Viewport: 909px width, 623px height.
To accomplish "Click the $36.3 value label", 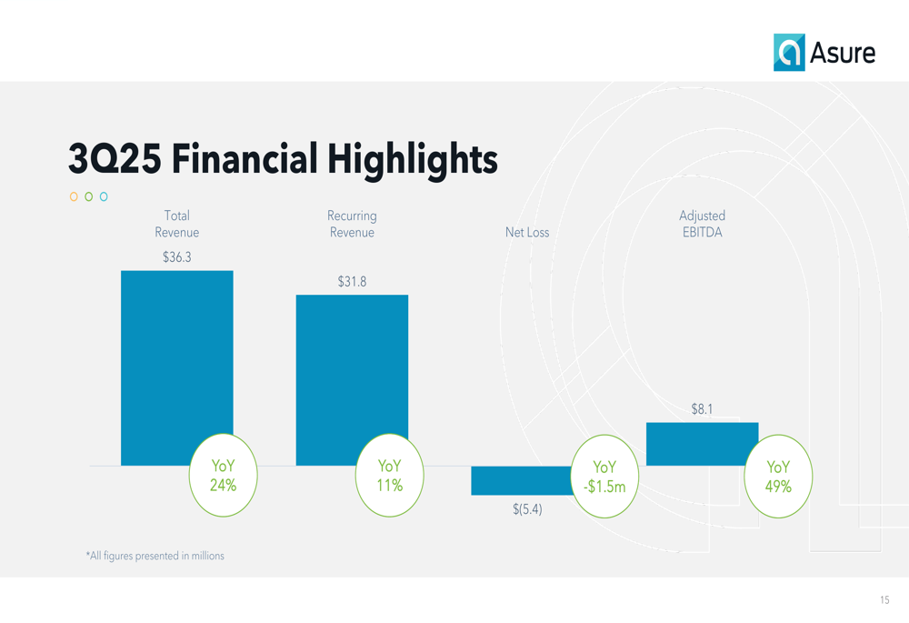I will (x=176, y=257).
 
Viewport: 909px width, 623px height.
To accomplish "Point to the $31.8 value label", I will (x=352, y=282).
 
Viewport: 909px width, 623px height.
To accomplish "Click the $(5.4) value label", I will (x=527, y=509).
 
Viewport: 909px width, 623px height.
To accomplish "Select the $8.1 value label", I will (x=702, y=409).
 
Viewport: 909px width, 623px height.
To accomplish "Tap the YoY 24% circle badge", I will (x=223, y=476).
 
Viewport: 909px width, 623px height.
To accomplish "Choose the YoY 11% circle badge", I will (x=389, y=476).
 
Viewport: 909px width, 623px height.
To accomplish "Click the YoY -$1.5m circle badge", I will (x=604, y=477).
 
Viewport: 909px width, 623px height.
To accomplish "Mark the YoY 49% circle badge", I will (x=778, y=477).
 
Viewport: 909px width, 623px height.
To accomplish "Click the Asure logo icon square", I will (x=789, y=53).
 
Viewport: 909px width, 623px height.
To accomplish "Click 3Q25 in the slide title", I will (x=115, y=159).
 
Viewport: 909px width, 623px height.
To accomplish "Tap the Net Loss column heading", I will (x=527, y=233).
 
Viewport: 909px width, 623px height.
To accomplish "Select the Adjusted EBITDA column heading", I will (x=702, y=224).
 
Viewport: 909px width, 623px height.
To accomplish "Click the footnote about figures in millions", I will (x=155, y=556).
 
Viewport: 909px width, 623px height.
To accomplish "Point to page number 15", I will (x=884, y=600).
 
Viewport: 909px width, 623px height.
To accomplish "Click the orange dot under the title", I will (x=74, y=196).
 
